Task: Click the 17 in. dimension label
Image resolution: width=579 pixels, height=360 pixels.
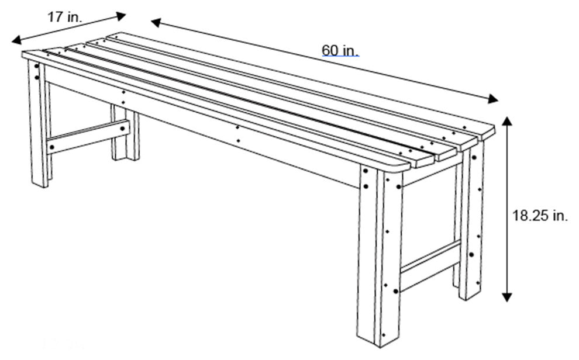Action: point(64,17)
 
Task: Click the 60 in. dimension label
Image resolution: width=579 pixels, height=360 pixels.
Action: point(340,51)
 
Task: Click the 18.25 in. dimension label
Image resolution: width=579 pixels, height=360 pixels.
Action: point(540,216)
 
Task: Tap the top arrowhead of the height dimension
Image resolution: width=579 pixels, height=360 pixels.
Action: point(507,122)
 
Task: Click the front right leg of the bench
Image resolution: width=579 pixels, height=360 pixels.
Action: point(380,257)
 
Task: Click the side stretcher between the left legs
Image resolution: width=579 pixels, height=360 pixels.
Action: point(88,136)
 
